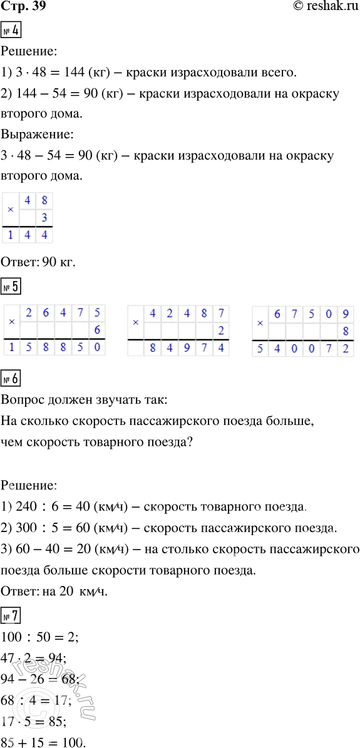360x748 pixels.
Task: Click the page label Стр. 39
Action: click(23, 7)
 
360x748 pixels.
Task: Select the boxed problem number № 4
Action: click(12, 29)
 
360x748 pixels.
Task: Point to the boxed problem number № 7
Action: click(12, 617)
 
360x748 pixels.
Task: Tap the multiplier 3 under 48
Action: click(44, 218)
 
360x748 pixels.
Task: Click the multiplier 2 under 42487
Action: click(220, 330)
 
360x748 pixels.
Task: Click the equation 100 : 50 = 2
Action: click(34, 638)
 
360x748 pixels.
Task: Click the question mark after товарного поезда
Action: click(189, 442)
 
